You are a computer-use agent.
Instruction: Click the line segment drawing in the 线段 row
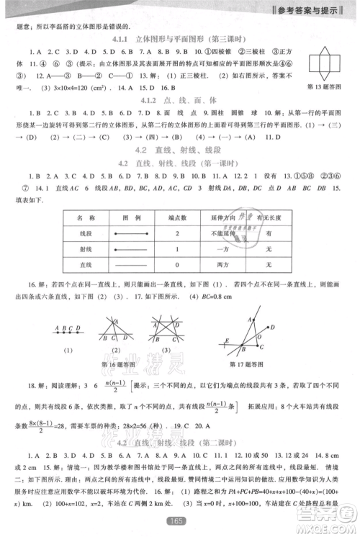pos(127,234)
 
